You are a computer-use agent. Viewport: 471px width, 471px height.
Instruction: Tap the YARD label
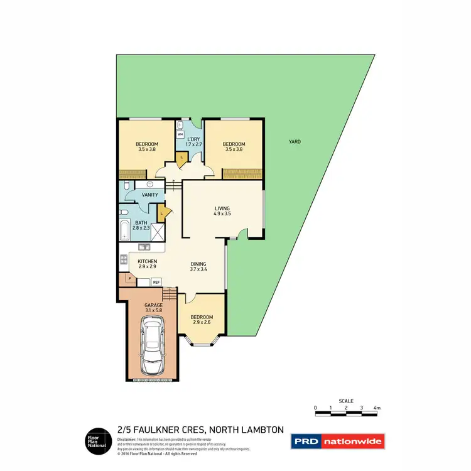(x=294, y=142)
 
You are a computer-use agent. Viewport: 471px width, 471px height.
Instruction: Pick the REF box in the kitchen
(x=156, y=282)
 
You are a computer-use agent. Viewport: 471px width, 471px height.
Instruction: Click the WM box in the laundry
(x=180, y=134)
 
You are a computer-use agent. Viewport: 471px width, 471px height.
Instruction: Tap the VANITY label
(x=150, y=195)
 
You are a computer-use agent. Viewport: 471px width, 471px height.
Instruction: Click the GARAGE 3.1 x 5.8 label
(x=153, y=307)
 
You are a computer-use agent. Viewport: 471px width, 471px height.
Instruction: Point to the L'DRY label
(x=193, y=139)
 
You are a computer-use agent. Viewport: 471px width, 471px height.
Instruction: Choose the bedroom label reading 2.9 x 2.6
(x=202, y=320)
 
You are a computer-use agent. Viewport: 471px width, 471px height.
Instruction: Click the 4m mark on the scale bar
(x=377, y=408)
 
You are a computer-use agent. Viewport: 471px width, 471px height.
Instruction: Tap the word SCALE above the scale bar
(x=346, y=401)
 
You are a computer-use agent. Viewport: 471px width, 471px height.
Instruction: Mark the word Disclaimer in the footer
(x=127, y=440)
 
